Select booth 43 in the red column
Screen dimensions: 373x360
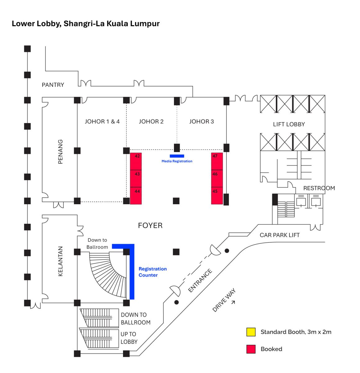136,178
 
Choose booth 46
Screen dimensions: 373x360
217,178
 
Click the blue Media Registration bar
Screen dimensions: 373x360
177,156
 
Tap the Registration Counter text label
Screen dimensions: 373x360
153,272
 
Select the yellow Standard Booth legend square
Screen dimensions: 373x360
251,332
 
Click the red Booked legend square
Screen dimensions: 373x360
251,349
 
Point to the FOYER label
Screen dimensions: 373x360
150,225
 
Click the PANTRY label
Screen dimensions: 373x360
53,85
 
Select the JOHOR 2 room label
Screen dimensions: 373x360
151,122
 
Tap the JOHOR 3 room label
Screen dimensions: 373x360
202,122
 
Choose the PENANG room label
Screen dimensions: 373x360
60,151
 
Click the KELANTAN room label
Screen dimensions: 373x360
60,261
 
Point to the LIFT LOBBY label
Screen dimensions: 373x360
289,124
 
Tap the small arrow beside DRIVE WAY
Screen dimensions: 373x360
233,302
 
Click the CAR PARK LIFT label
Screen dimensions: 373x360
280,235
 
